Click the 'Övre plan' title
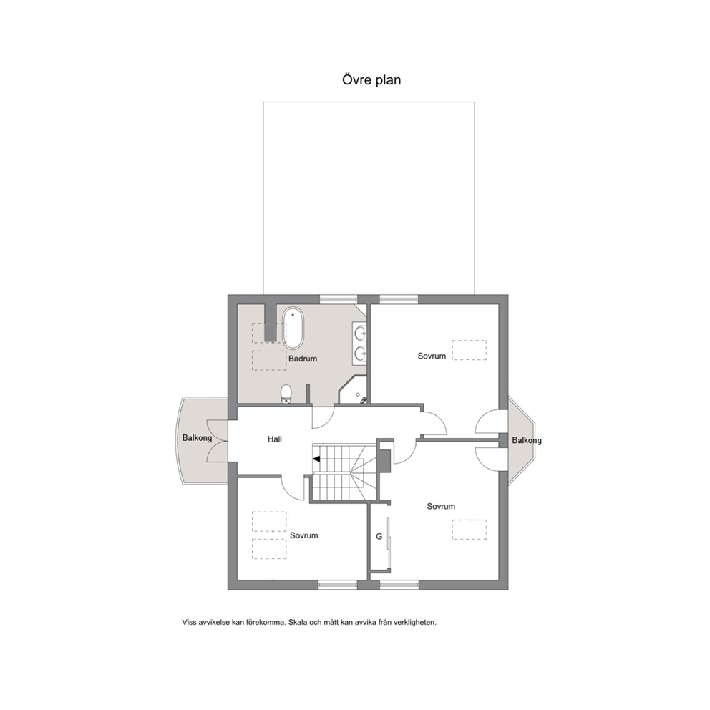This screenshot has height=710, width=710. click(x=371, y=80)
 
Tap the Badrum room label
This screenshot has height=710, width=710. click(x=303, y=359)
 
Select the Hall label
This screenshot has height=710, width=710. click(x=274, y=439)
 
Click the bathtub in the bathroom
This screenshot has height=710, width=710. click(x=293, y=329)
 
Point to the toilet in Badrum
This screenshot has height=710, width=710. click(x=286, y=394)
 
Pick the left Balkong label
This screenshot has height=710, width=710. click(x=197, y=438)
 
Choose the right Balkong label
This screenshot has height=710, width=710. click(x=527, y=440)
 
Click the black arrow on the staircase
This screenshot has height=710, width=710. click(x=316, y=459)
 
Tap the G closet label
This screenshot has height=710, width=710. click(x=379, y=536)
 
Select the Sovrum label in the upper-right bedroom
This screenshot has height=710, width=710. click(x=432, y=356)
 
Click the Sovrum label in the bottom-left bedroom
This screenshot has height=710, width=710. click(x=304, y=535)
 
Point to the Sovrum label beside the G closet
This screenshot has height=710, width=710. click(x=441, y=506)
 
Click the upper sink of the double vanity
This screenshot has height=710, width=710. click(x=361, y=334)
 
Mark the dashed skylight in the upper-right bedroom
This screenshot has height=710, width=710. click(x=470, y=350)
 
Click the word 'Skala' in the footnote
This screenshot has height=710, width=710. click(x=298, y=622)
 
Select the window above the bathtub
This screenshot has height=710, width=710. click(x=339, y=298)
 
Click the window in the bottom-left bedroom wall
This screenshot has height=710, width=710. click(x=337, y=585)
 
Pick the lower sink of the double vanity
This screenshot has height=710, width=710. click(x=361, y=352)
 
